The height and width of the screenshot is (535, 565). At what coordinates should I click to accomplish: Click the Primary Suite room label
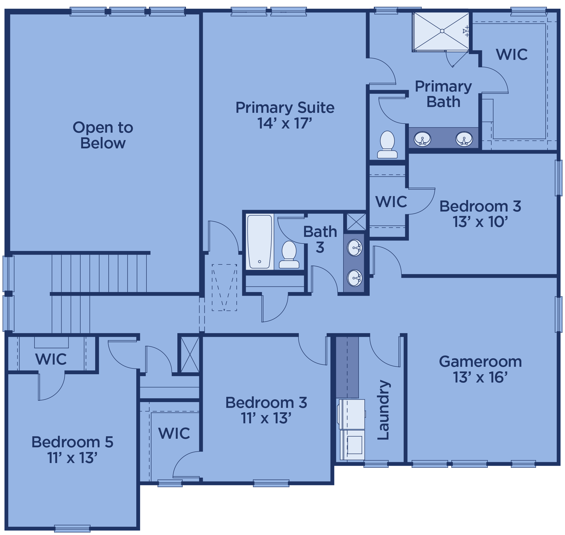coord(285,108)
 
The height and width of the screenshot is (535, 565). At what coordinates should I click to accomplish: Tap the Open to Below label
coord(103,135)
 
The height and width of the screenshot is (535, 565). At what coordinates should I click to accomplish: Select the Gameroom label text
coord(480,362)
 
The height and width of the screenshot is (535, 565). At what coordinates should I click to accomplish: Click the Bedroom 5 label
coord(72,442)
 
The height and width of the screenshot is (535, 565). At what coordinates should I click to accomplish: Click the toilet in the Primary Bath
coord(387,145)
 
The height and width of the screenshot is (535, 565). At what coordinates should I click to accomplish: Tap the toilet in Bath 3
coord(289,255)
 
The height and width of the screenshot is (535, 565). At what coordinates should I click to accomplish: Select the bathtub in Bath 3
coord(259,242)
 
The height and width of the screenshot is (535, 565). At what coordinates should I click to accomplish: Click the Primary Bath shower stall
coord(441,31)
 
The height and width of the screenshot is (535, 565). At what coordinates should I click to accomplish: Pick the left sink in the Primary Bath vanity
coord(422,139)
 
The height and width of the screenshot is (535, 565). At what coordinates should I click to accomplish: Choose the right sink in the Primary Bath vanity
coord(464,139)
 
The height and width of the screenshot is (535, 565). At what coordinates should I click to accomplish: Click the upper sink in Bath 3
coord(355,248)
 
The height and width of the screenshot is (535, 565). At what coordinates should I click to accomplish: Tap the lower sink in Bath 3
coord(355,278)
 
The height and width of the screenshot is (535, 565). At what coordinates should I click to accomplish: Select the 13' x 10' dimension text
coord(480,222)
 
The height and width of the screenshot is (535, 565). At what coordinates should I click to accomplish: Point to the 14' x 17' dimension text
coord(284,124)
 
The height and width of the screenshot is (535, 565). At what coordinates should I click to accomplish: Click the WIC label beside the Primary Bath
coord(512,55)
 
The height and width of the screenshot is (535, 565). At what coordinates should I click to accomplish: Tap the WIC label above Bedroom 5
coord(51,359)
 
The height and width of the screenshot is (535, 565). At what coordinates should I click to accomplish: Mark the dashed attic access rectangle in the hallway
coord(224,287)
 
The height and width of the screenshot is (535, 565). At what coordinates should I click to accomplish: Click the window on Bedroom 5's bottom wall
coord(72,528)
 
